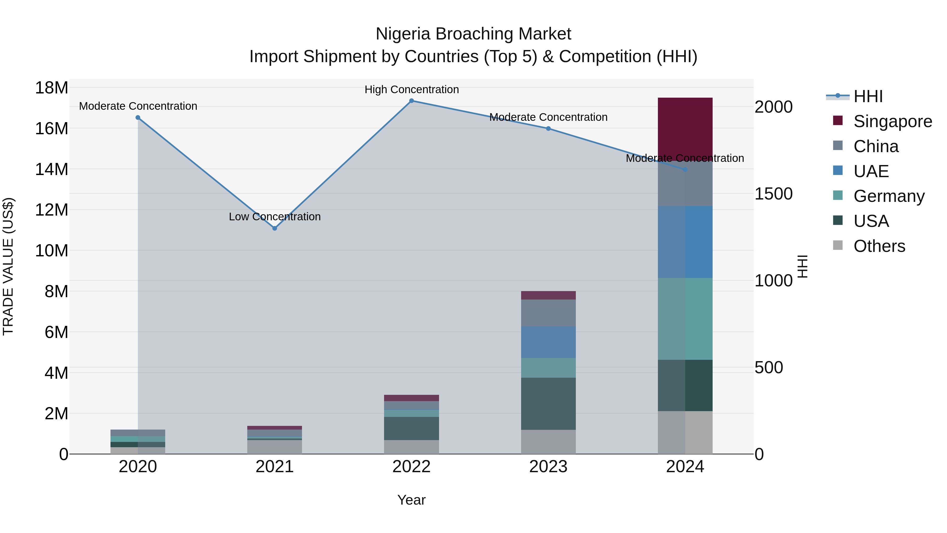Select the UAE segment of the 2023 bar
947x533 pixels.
[548, 342]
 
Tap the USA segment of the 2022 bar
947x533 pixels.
[411, 428]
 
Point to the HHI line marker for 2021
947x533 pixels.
[275, 228]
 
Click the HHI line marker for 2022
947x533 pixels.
[411, 101]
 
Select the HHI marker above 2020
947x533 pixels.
[138, 118]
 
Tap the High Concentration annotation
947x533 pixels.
[411, 90]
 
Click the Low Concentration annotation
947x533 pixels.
[275, 217]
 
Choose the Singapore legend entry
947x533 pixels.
[892, 121]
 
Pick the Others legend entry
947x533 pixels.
[879, 246]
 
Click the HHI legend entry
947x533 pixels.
[868, 96]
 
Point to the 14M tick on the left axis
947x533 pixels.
[52, 170]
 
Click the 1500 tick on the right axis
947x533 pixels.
[773, 194]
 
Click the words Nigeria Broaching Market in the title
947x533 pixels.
[473, 34]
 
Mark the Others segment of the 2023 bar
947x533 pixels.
[548, 442]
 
